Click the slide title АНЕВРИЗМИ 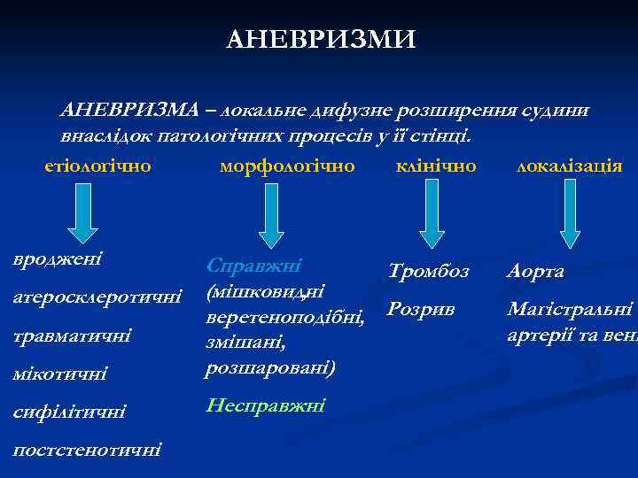tap(321, 40)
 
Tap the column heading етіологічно tap(97, 166)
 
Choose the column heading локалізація tap(569, 166)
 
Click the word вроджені tap(58, 259)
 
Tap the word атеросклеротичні tap(98, 295)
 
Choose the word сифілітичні tap(70, 412)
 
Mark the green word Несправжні tap(265, 405)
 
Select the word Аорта tap(536, 271)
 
